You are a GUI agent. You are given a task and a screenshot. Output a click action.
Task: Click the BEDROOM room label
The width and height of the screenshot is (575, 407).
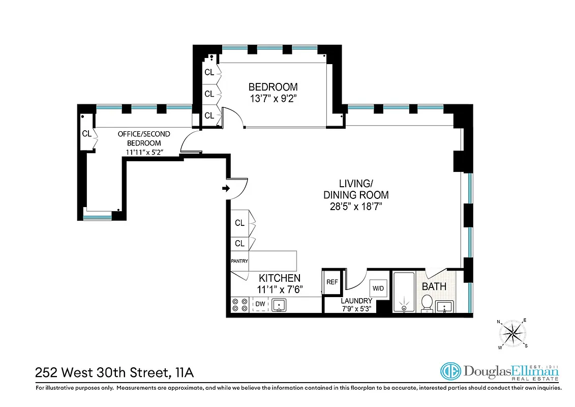tap(273, 87)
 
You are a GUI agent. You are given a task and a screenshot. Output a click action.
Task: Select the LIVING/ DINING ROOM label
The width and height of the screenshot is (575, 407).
tap(356, 189)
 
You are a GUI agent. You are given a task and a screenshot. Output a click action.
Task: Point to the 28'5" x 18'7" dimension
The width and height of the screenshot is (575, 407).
tap(356, 207)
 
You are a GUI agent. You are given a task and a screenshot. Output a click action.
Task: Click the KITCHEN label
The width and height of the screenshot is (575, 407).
tap(280, 278)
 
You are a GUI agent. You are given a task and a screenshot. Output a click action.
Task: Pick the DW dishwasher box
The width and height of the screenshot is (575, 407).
tap(260, 305)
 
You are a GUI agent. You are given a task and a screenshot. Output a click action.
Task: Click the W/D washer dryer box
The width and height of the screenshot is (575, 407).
tap(378, 288)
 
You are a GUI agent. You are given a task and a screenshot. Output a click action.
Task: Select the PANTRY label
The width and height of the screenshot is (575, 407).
tap(239, 261)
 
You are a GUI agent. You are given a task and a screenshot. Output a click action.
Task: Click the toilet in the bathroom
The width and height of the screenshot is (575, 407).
tap(427, 303)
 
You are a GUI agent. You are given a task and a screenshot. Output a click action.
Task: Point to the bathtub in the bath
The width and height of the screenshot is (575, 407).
tap(405, 294)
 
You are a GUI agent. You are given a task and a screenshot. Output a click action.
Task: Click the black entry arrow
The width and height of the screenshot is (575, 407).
tap(226, 189)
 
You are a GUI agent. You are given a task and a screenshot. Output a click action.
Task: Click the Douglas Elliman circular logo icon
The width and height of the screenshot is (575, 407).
tap(450, 372)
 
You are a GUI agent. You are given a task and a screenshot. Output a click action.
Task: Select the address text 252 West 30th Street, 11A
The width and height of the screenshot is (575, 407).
tap(114, 373)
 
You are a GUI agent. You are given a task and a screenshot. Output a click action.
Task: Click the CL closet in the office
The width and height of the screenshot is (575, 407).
tap(86, 134)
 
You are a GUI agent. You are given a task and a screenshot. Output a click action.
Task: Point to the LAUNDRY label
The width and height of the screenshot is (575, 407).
tap(356, 301)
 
